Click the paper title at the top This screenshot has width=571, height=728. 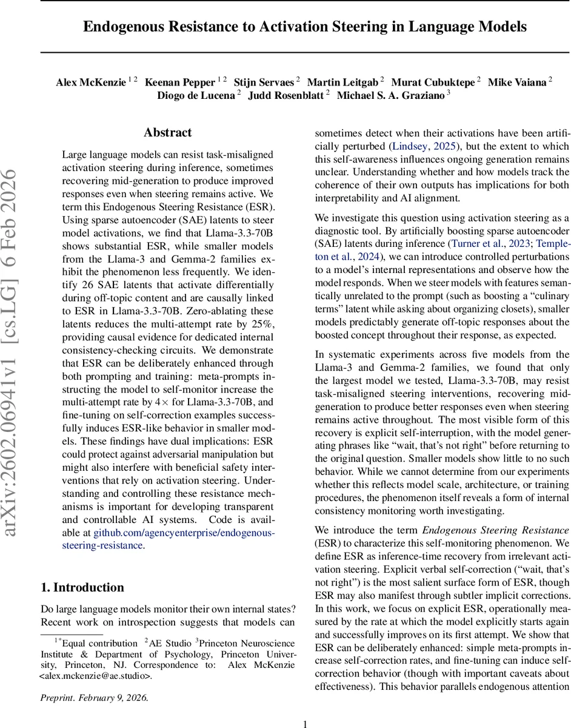(304, 27)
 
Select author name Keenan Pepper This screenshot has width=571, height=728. (179, 82)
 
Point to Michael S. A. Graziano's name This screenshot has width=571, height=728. (390, 95)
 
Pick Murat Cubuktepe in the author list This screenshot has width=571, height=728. (433, 82)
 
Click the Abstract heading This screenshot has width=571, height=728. (167, 132)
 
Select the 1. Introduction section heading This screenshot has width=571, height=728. (82, 587)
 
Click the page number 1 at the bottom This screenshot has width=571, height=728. (306, 723)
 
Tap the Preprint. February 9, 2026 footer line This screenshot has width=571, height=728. (94, 698)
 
